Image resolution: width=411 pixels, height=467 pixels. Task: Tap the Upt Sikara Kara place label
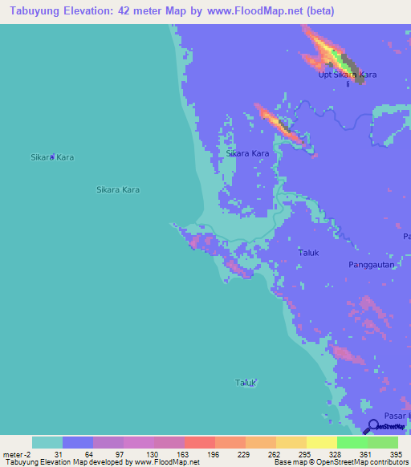[348, 75]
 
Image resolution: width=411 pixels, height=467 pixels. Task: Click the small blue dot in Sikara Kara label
[53, 156]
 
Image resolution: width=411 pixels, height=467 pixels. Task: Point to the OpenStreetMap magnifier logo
[372, 426]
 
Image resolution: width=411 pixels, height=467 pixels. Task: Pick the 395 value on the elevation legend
[397, 454]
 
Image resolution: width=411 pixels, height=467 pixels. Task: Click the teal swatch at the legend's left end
[47, 442]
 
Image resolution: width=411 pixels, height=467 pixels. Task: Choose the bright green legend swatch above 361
[352, 442]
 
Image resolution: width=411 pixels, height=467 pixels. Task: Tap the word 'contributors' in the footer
[389, 462]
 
